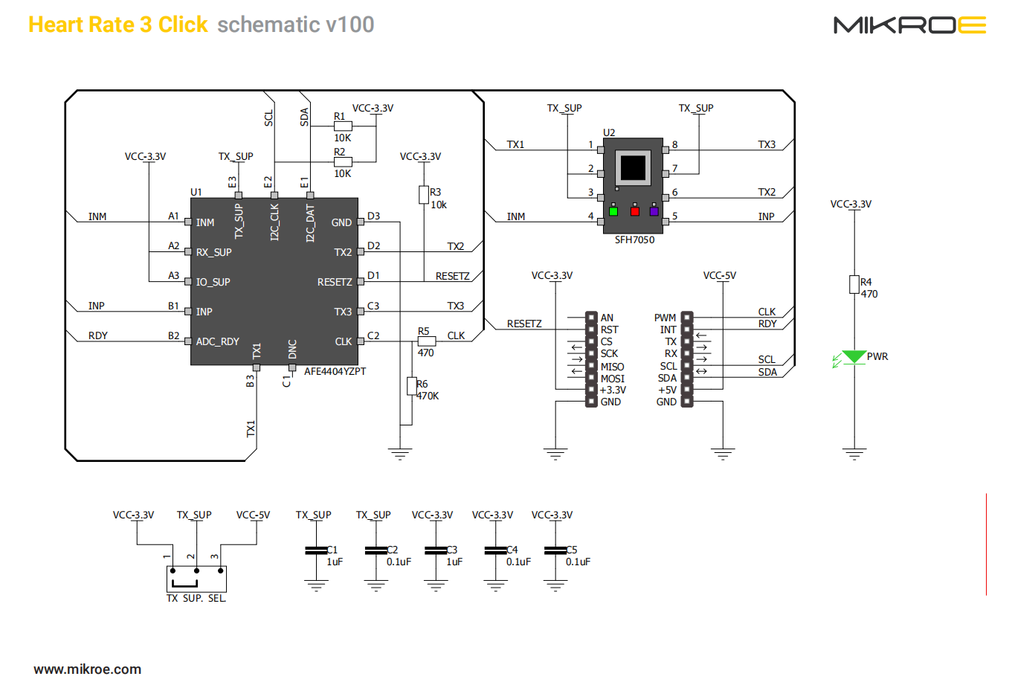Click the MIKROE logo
click(x=909, y=25)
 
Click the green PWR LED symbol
click(x=854, y=358)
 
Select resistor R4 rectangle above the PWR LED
click(x=854, y=284)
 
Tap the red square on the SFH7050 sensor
click(x=634, y=211)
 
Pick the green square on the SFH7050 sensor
click(x=613, y=211)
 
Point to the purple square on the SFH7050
click(x=654, y=211)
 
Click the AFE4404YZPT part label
click(x=335, y=371)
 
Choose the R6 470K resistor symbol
click(x=411, y=386)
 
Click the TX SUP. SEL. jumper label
click(x=196, y=599)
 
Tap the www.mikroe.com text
click(x=87, y=669)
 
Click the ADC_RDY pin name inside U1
click(x=217, y=342)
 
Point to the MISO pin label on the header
click(x=612, y=367)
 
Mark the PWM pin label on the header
click(x=665, y=318)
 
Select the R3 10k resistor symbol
click(x=424, y=195)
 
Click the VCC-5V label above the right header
click(x=719, y=276)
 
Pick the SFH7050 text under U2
click(x=634, y=240)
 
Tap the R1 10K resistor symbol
click(x=343, y=126)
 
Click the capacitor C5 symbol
click(x=555, y=550)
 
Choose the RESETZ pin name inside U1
click(x=335, y=283)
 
